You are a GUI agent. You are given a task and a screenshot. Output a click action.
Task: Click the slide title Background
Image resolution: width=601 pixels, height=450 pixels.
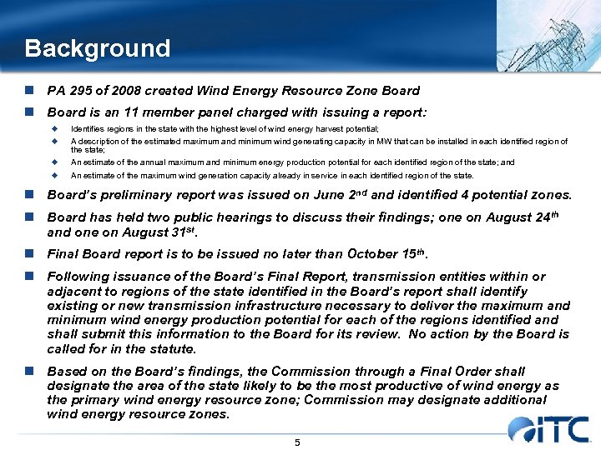(x=97, y=48)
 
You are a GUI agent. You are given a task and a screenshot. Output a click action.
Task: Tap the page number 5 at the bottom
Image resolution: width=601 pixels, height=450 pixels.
(x=297, y=442)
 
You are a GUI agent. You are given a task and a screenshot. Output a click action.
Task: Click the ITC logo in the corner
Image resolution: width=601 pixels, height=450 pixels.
(x=548, y=428)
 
